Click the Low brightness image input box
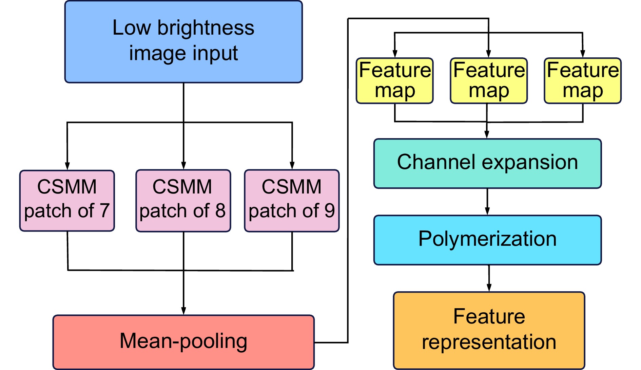click(183, 42)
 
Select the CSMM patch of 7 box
click(67, 201)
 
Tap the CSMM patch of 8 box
click(183, 201)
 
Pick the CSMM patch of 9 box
click(292, 201)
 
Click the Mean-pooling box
click(183, 342)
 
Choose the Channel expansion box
click(487, 163)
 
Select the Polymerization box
click(487, 240)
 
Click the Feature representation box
click(489, 330)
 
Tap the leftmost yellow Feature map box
click(395, 80)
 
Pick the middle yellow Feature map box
click(489, 80)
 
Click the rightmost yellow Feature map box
click(583, 80)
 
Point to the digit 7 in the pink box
click(104, 210)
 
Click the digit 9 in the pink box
click(329, 210)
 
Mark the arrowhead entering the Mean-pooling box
click(183, 311)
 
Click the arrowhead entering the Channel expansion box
click(487, 134)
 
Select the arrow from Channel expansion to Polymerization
click(487, 202)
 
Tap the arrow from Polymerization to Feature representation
click(489, 278)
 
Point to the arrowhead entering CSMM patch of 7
click(67, 166)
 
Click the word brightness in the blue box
click(206, 28)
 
